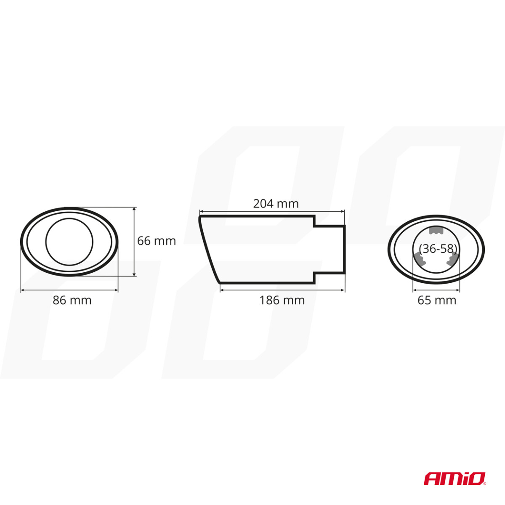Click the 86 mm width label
coord(72,300)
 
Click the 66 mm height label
coord(156,241)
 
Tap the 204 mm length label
coord(276,204)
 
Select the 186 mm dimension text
coord(282,300)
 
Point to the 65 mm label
coord(436,300)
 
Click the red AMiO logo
coord(455,478)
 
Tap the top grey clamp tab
coord(436,231)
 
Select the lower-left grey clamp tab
coord(418,259)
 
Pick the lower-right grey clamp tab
coord(452,260)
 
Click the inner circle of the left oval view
coord(69,242)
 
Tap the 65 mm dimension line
coord(436,290)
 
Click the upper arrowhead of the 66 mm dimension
coord(134,209)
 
